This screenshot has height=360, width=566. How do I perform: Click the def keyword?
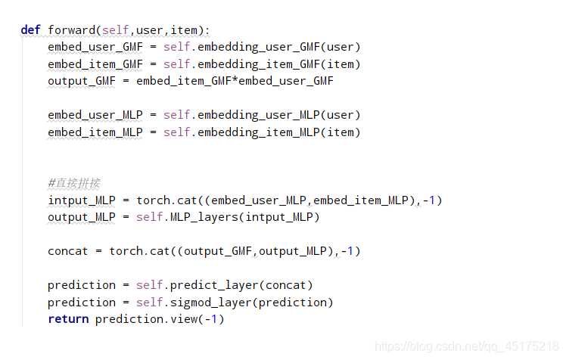[x=31, y=30]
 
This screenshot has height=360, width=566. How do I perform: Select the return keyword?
[x=68, y=319]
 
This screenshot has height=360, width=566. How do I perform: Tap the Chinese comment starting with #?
[x=74, y=183]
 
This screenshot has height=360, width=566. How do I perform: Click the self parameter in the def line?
[x=116, y=30]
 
